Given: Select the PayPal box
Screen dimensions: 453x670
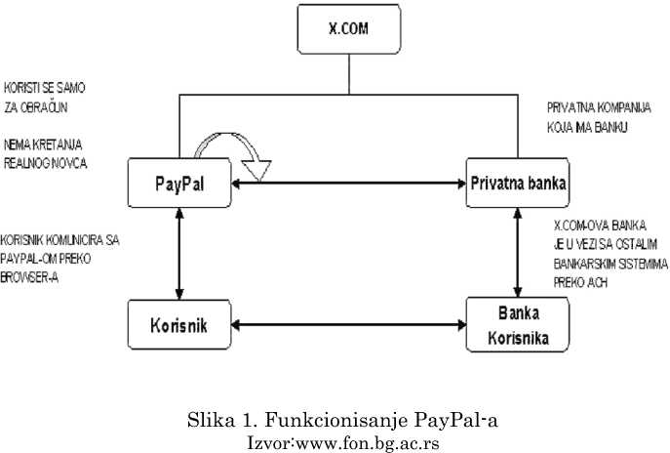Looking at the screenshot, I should (180, 183).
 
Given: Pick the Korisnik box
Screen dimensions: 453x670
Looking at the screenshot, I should (180, 321).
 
